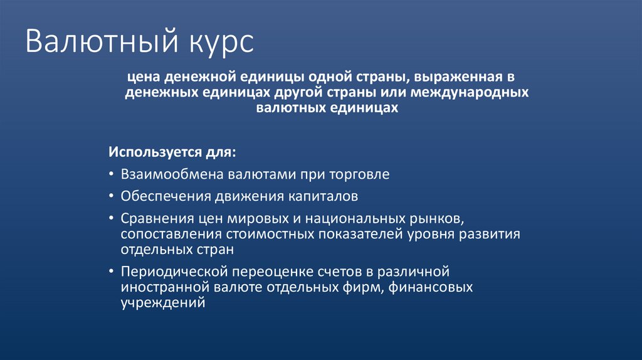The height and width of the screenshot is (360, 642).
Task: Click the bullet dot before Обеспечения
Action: [x=111, y=196]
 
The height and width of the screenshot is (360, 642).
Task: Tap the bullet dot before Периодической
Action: [x=111, y=272]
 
